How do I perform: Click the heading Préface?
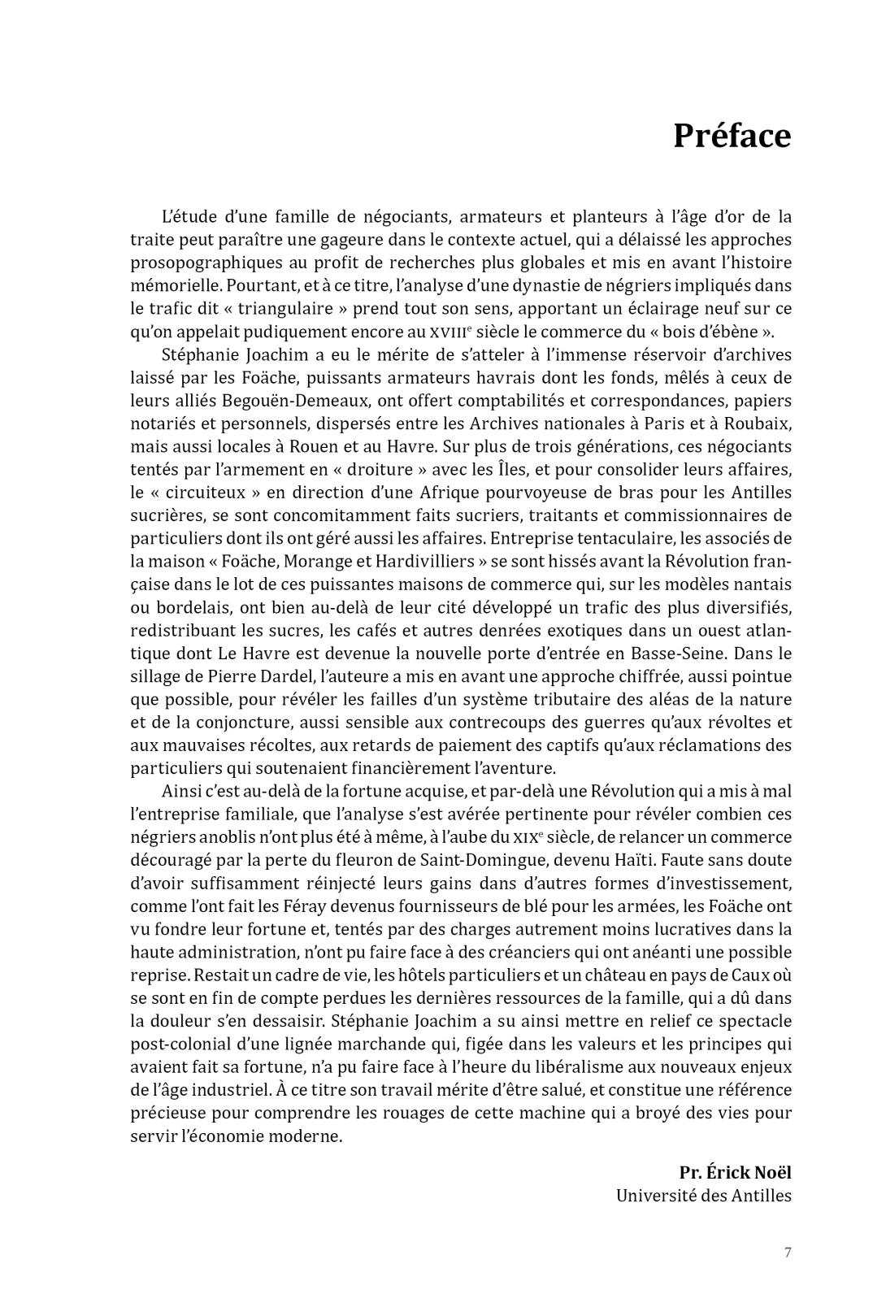pyautogui.click(x=732, y=136)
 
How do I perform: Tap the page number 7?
pyautogui.click(x=788, y=1252)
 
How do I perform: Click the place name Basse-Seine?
pyautogui.click(x=706, y=654)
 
